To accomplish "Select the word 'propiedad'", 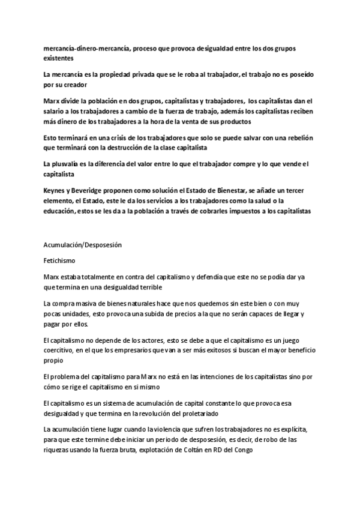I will (x=107, y=74).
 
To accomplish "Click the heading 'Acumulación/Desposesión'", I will (x=83, y=245).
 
